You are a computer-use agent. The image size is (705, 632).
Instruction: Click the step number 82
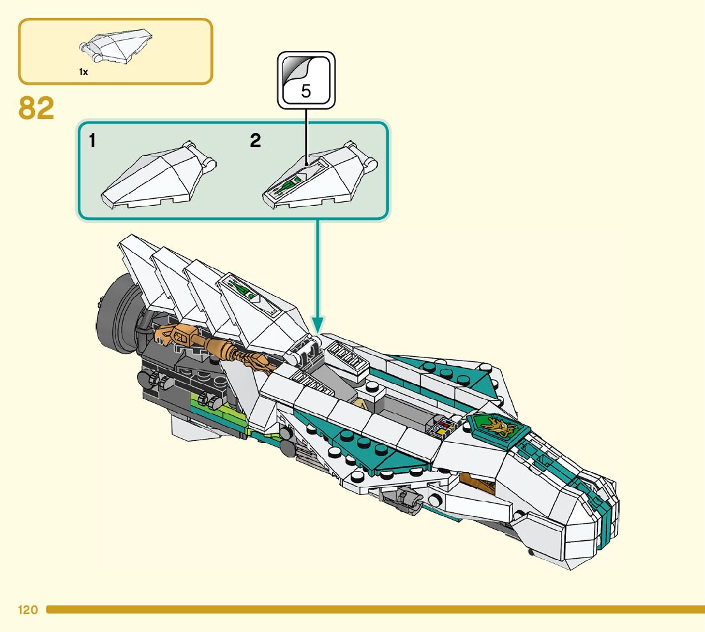[36, 108]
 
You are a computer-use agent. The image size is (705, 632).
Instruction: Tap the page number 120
[28, 610]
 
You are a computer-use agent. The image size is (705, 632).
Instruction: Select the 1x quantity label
[84, 72]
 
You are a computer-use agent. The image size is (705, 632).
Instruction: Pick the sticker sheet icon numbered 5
[306, 80]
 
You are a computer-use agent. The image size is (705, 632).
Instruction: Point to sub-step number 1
[93, 141]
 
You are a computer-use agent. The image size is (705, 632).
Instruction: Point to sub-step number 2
[256, 141]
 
